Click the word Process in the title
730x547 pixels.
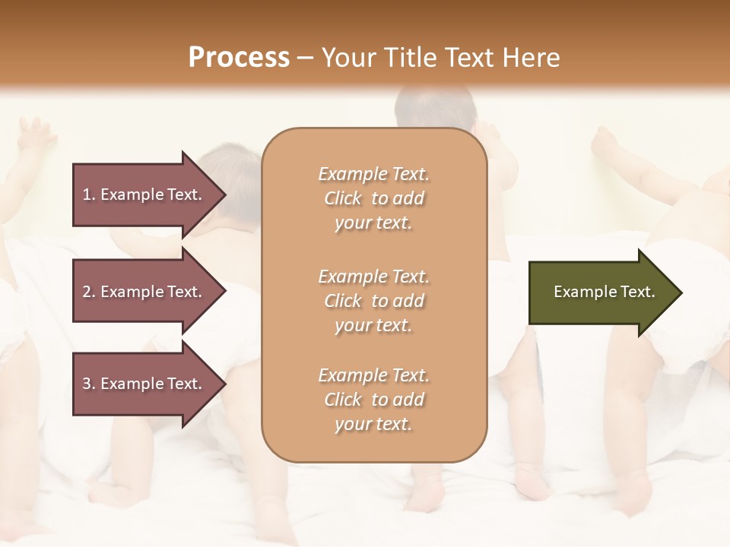pos(239,58)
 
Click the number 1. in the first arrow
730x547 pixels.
pos(89,194)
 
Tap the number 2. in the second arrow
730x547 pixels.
pos(89,292)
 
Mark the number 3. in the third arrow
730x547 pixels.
pos(89,384)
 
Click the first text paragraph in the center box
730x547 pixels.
pos(373,198)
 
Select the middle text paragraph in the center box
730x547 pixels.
pos(373,301)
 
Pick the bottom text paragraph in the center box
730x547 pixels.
pos(373,400)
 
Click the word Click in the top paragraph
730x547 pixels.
pos(343,198)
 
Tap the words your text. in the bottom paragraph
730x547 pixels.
pos(373,424)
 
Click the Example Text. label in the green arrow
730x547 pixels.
pos(605,292)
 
